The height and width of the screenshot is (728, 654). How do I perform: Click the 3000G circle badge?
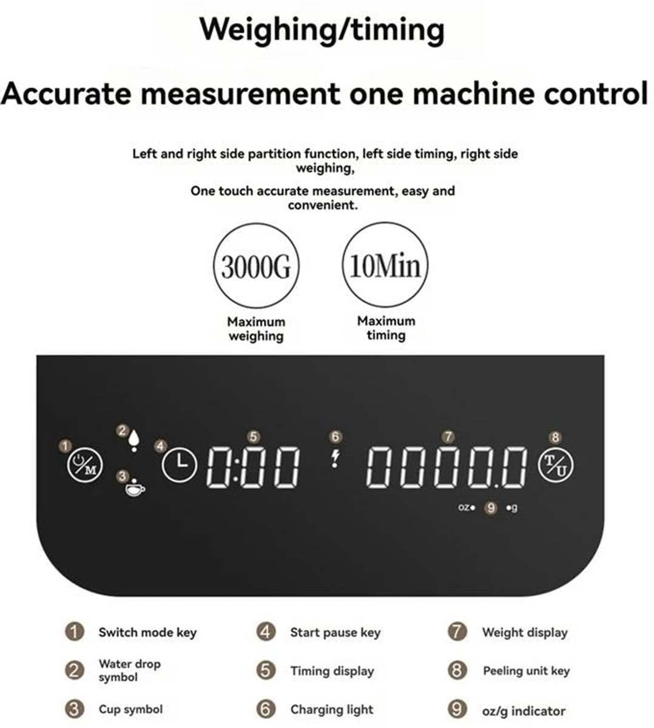point(256,266)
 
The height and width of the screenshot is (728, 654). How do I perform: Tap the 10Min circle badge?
point(385,265)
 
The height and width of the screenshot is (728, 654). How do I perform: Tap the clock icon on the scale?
point(180,465)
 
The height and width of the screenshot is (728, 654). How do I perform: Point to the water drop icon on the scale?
point(134,440)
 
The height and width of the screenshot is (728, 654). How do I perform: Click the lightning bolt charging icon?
point(335,459)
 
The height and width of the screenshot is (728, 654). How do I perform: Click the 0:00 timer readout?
point(253,467)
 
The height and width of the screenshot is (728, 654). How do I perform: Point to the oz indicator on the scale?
point(467,507)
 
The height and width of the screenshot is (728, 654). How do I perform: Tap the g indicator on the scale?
point(512,508)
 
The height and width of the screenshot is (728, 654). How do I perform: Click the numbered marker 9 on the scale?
point(491,508)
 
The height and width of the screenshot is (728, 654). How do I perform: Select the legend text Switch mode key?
point(147,633)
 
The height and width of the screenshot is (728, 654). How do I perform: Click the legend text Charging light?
point(332,710)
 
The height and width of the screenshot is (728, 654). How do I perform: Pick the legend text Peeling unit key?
point(526,671)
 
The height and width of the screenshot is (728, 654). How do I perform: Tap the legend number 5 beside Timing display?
point(266,670)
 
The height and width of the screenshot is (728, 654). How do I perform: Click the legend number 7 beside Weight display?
point(457,632)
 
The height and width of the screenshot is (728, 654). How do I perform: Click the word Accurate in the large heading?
point(66,94)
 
